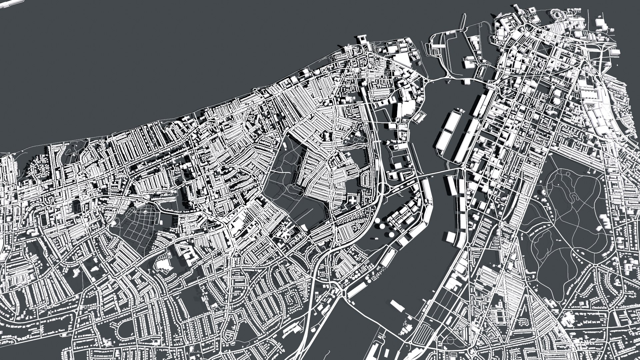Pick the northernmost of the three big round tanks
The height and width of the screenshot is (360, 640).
pos(378,220)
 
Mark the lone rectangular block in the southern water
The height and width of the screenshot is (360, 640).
pos(397,305)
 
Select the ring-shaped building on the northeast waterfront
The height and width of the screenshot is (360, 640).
pos(557,15)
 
